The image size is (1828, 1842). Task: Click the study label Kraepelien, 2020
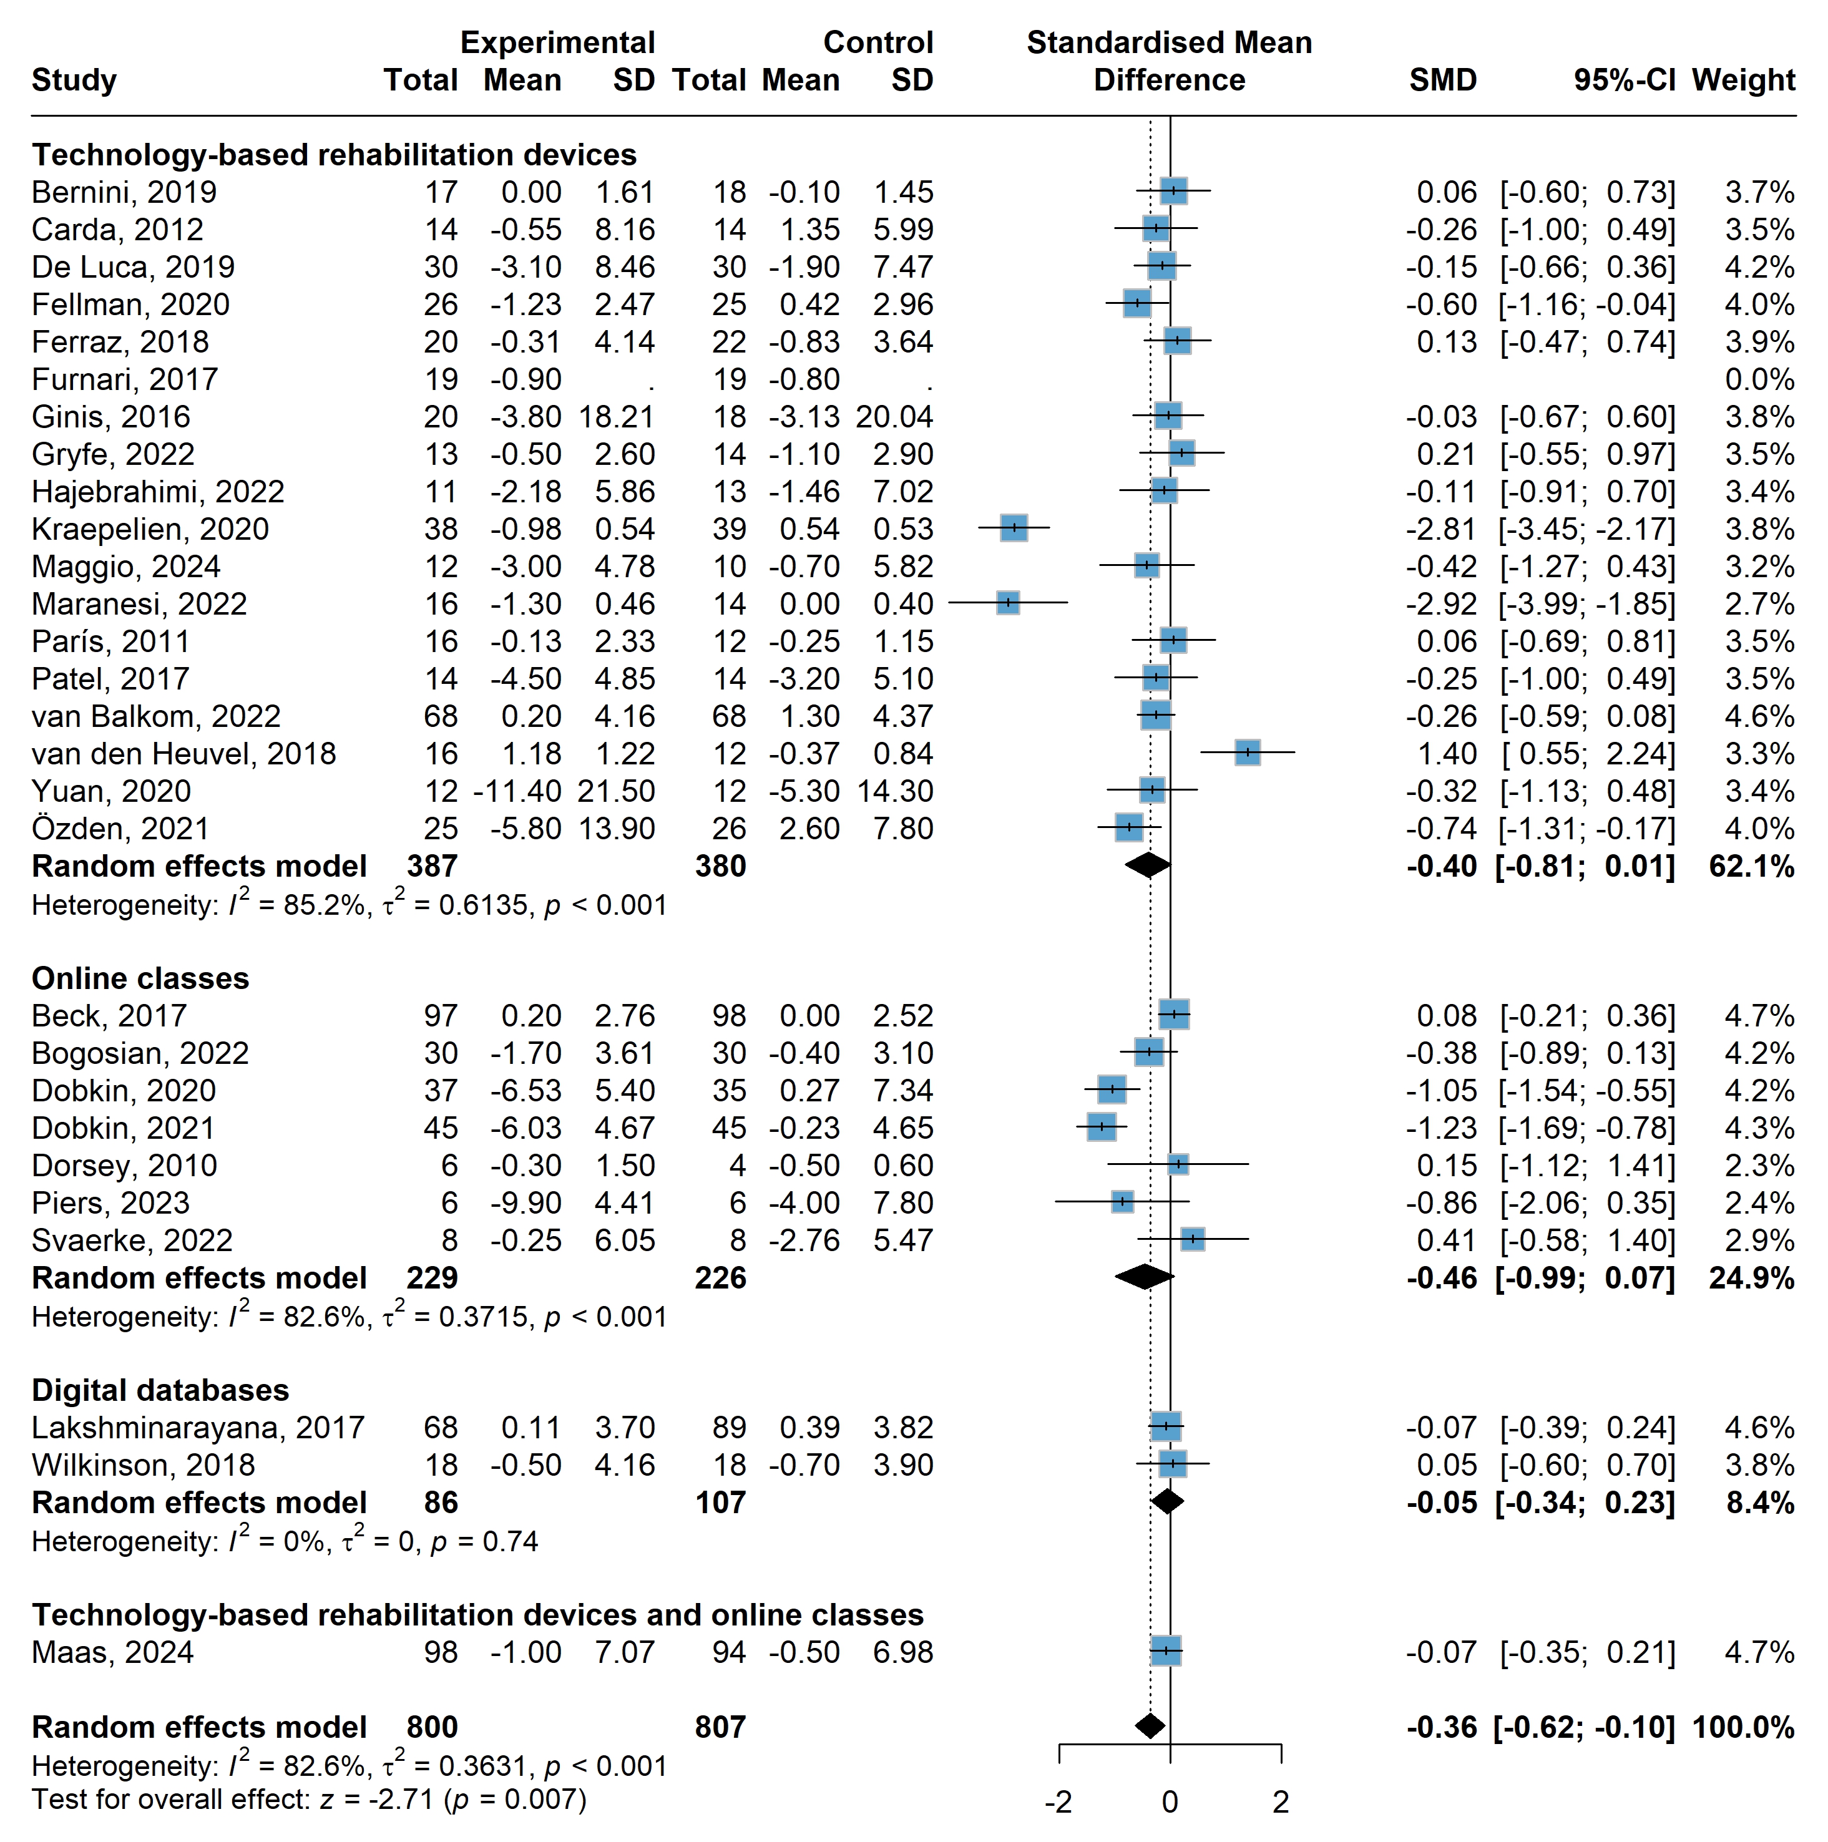150,529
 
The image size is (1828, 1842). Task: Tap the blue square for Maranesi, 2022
1008,603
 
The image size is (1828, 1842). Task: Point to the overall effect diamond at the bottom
1150,1727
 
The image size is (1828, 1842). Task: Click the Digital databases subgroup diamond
1167,1503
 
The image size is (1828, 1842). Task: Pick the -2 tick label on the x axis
1058,1802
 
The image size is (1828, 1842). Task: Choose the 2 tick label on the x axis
1281,1802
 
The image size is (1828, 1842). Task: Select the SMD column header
1443,80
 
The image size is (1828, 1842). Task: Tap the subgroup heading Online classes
140,978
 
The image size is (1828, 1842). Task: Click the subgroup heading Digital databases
160,1390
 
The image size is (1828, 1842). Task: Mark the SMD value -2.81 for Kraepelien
1441,529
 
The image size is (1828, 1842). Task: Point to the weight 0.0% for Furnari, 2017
1759,379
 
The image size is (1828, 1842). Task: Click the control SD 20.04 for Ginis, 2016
894,417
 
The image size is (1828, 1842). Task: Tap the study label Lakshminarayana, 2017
197,1427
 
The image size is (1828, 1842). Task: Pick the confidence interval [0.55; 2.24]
1588,753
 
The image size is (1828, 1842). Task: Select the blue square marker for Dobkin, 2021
1102,1128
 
